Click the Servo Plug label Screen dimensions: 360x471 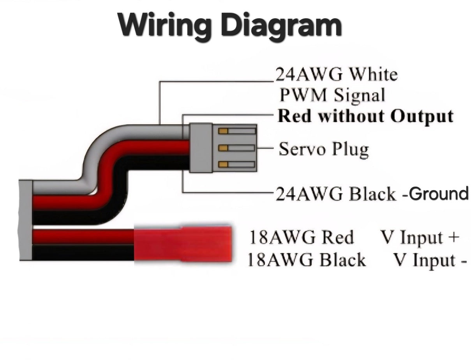[324, 149]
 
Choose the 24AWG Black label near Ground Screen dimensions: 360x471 [336, 194]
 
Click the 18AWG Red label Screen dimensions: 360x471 [301, 237]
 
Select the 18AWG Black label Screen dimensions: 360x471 [307, 260]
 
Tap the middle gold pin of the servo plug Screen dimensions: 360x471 [223, 148]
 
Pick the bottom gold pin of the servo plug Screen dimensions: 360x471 [223, 164]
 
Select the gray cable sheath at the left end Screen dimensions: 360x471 [25, 220]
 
